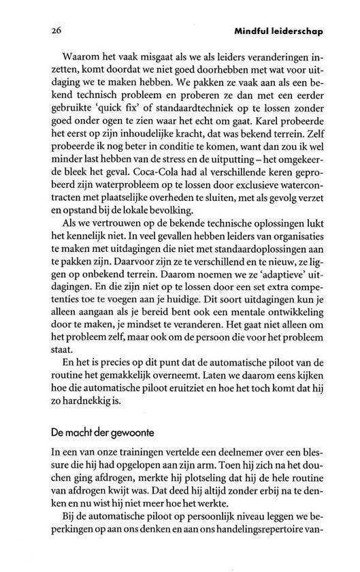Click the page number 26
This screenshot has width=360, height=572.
(x=37, y=31)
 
